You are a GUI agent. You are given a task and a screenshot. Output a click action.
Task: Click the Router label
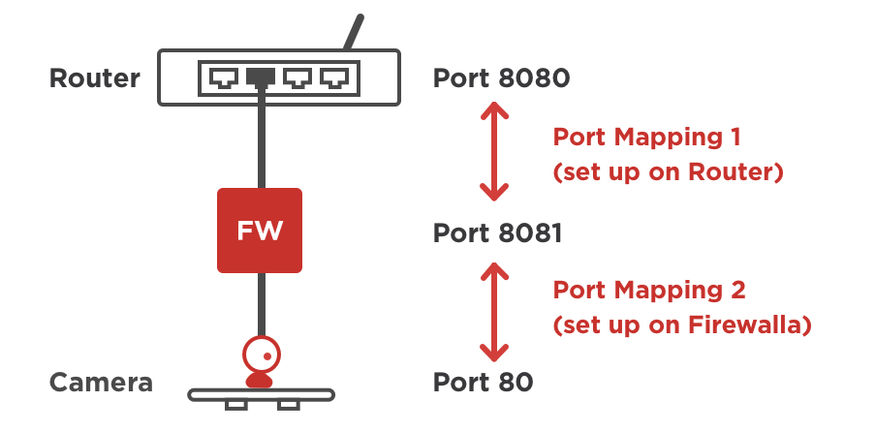(94, 78)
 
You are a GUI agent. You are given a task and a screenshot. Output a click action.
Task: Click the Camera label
(101, 383)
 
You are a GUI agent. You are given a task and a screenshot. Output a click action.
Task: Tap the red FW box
(260, 231)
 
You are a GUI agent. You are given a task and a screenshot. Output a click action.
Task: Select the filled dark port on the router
(260, 77)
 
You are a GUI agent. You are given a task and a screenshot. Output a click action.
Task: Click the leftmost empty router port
(222, 77)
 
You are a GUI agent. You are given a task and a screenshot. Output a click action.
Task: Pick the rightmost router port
(334, 77)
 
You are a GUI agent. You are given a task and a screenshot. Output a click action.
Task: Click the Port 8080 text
(498, 77)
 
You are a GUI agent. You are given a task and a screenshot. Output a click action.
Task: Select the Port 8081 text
(498, 233)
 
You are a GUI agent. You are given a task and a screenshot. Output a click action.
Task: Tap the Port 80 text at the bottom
(483, 383)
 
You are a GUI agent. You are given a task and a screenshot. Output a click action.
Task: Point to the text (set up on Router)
(668, 172)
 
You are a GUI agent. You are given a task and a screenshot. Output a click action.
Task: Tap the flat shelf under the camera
(260, 395)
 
